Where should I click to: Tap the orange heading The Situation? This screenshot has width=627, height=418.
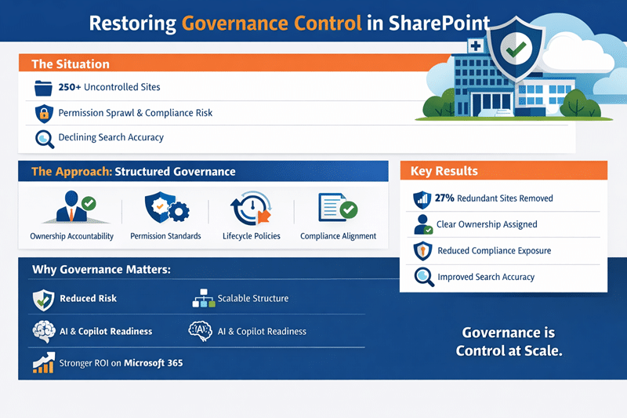70,64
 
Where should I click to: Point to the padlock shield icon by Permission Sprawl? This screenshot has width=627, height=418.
44,113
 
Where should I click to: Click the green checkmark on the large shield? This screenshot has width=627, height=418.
514,52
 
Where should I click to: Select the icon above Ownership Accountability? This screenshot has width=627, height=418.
72,209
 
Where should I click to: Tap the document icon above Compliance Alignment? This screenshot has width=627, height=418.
337,209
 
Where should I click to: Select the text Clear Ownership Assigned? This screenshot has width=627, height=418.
487,224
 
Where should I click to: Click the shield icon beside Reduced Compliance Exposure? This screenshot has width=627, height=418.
422,251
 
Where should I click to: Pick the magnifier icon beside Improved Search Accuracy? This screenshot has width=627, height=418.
423,277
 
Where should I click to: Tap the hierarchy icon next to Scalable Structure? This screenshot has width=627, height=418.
202,299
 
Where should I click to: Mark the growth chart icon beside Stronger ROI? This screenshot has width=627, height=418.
43,362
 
